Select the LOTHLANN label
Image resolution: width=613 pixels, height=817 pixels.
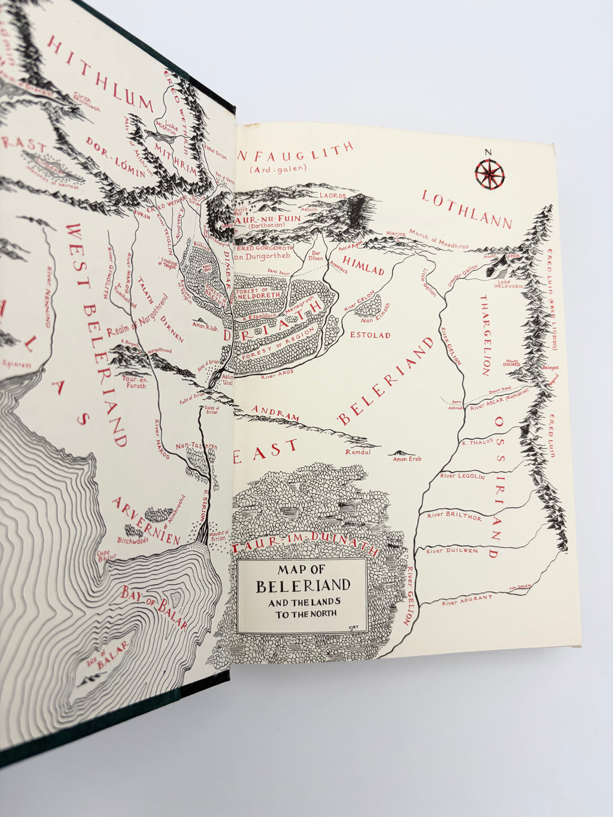468,210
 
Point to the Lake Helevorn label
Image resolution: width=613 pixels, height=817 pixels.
509,284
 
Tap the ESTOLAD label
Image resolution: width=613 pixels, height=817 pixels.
371,335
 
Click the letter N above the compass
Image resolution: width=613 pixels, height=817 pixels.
488,152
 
